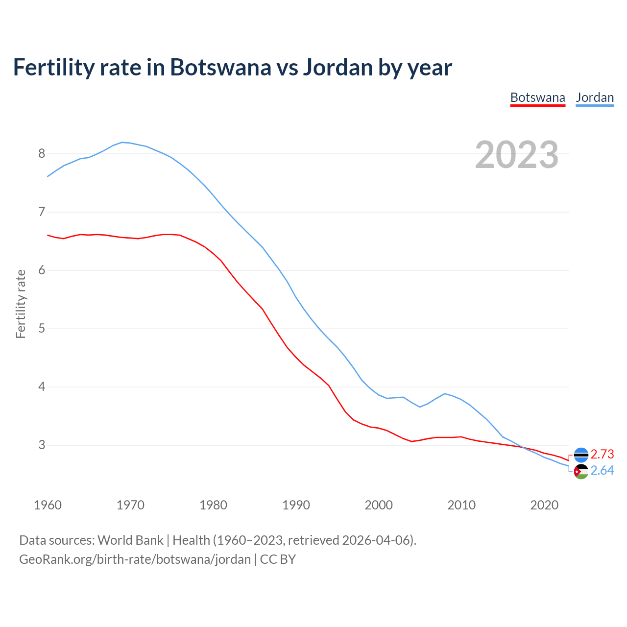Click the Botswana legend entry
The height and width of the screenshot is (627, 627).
click(x=537, y=97)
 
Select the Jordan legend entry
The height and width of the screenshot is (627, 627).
click(x=595, y=97)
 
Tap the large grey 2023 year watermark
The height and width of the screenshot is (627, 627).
click(x=517, y=155)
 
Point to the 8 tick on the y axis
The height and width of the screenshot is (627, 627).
click(x=42, y=154)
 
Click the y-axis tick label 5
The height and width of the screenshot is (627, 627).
click(x=42, y=329)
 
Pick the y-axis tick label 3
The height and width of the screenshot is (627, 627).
click(x=42, y=445)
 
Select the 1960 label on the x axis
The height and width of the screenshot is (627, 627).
click(x=48, y=505)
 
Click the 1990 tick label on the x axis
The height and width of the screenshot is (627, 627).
click(x=296, y=505)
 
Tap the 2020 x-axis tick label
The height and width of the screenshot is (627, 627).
click(x=544, y=505)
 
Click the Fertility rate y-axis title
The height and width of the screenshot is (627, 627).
click(x=21, y=304)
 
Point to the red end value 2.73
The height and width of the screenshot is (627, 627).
click(x=602, y=454)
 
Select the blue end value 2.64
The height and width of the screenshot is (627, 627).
click(x=602, y=471)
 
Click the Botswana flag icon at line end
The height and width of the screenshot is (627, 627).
click(x=581, y=455)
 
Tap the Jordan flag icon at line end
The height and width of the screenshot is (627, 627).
click(x=581, y=472)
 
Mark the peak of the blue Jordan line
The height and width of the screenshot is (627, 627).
click(x=122, y=142)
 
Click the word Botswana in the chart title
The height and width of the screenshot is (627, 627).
click(x=220, y=68)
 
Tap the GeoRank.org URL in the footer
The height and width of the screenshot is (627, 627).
click(x=135, y=559)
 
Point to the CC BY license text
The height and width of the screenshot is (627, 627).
click(x=278, y=559)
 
